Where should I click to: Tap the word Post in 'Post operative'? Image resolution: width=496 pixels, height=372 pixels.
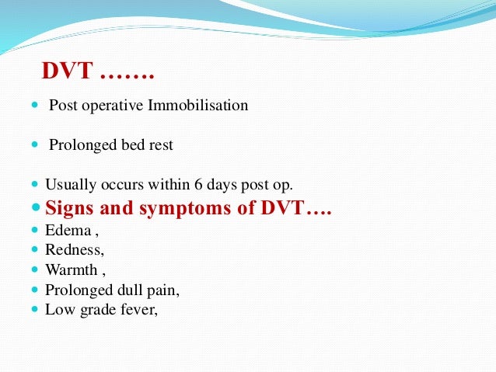(62, 105)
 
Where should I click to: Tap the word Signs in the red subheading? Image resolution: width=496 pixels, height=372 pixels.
(70, 207)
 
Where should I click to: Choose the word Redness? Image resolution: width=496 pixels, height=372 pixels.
(73, 250)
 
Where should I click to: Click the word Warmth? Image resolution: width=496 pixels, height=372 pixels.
(71, 270)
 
